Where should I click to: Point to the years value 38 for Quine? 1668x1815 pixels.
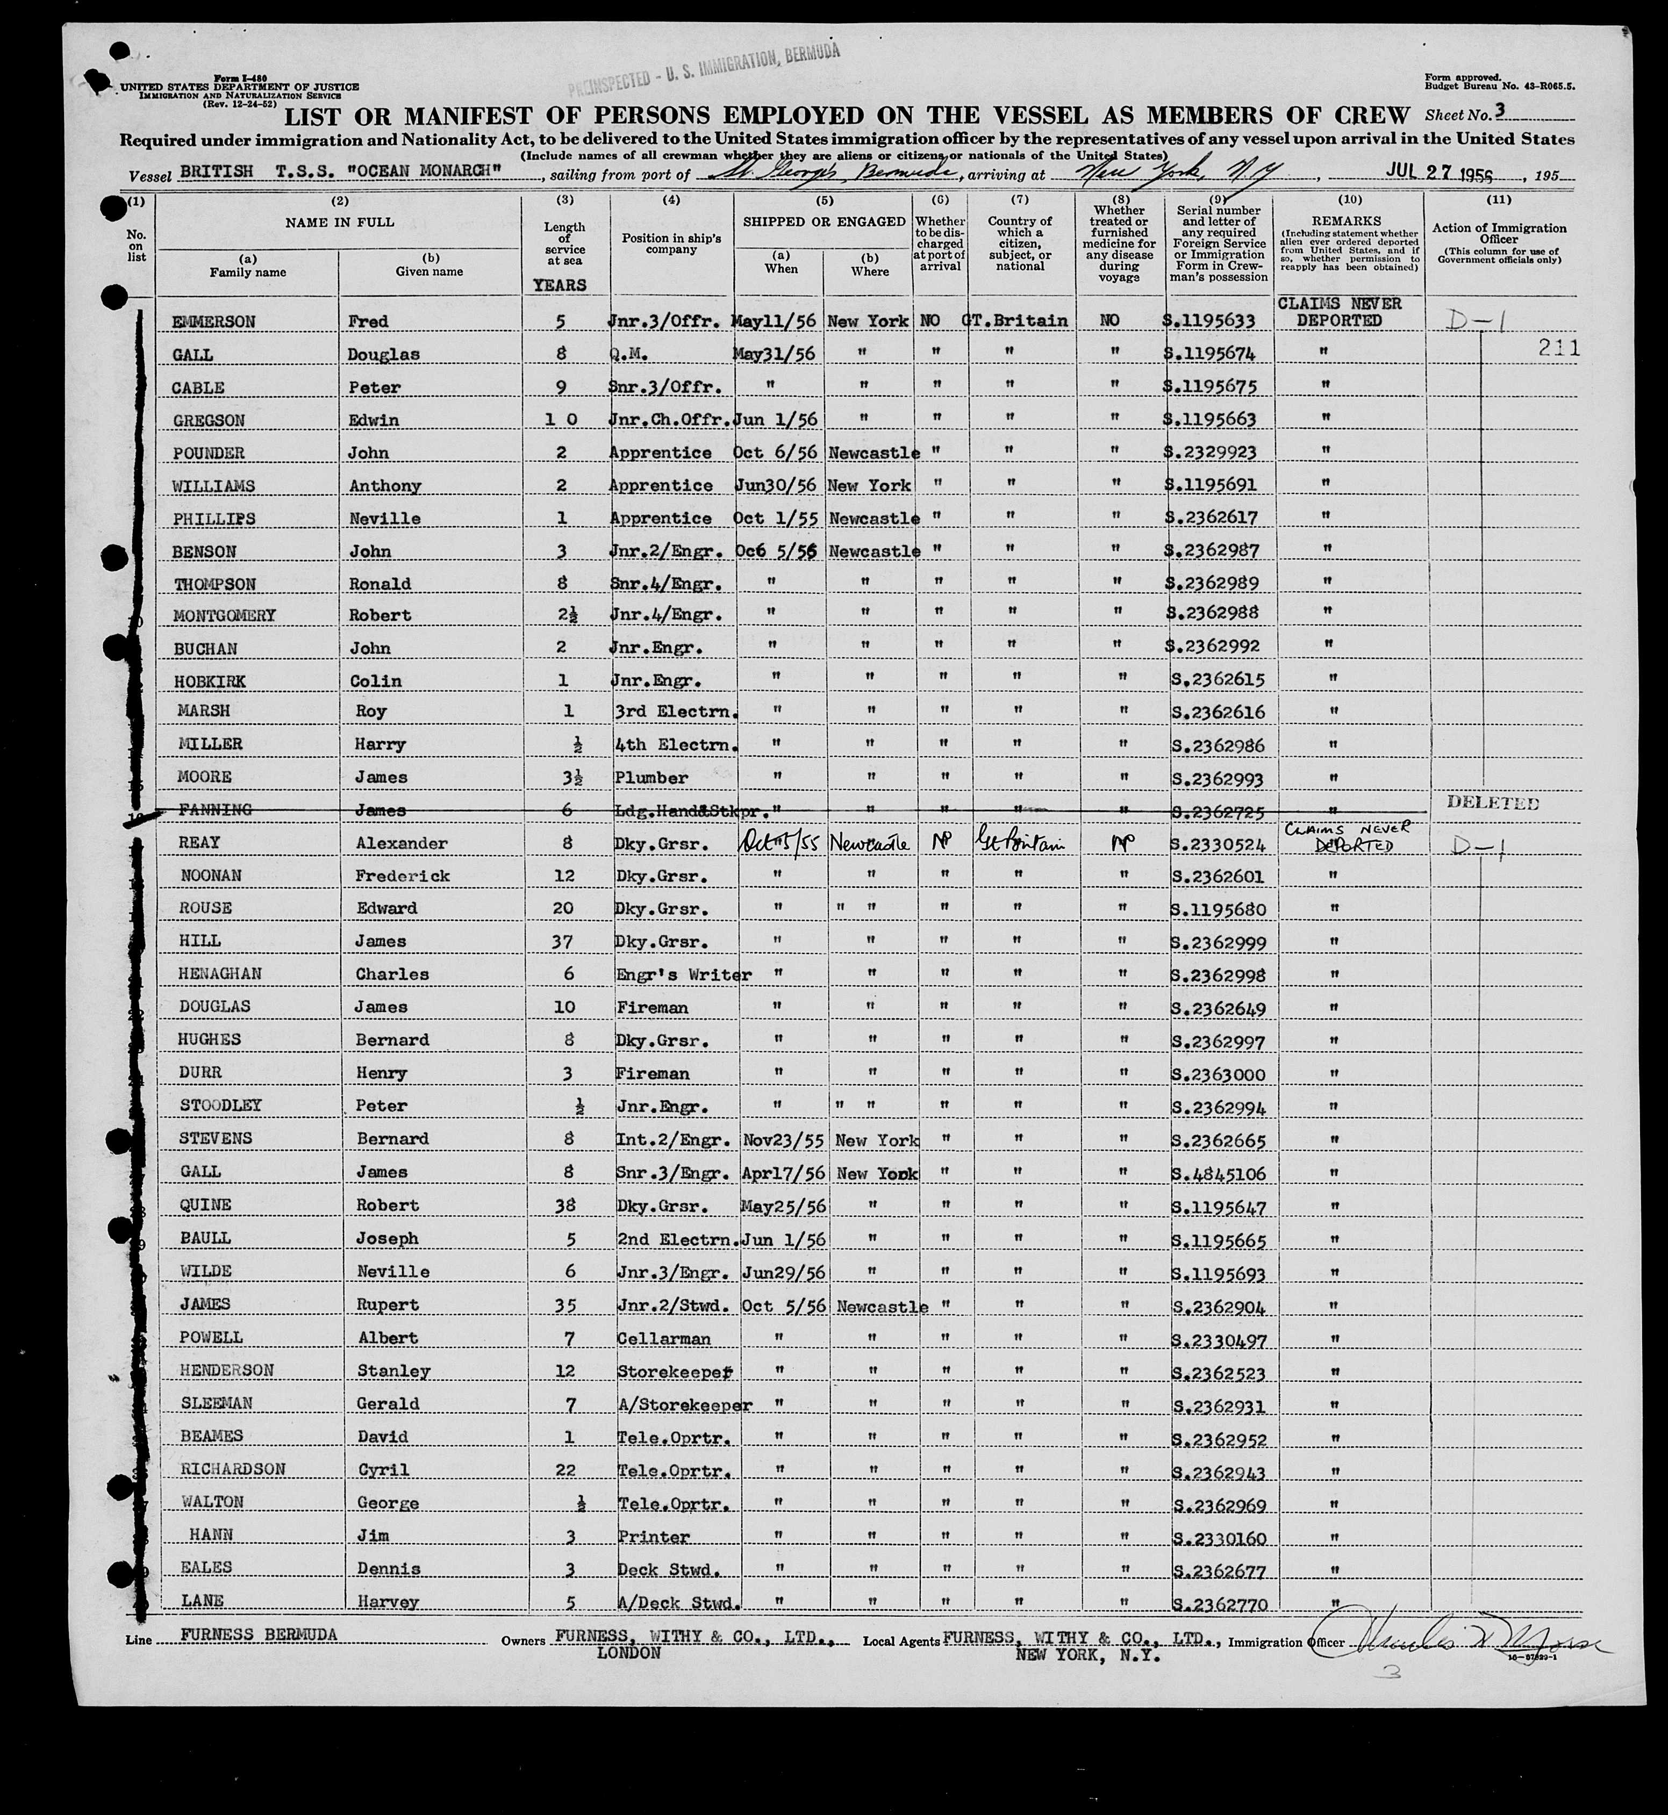[x=566, y=1206]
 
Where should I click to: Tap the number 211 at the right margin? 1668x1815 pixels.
[x=1560, y=348]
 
